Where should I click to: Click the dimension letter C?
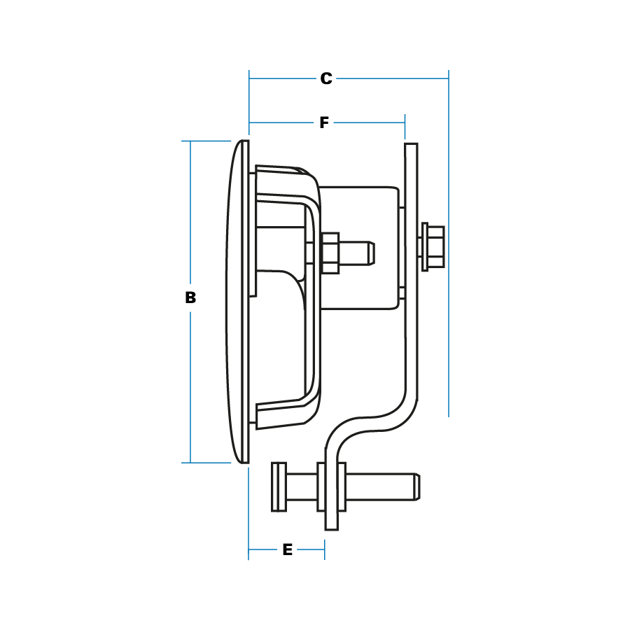[326, 78]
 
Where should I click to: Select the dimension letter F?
[324, 122]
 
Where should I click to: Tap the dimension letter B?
[190, 297]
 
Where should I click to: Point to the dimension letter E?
[287, 549]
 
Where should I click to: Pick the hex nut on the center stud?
[330, 253]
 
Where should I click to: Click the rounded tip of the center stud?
[372, 253]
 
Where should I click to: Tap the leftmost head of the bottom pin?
[279, 487]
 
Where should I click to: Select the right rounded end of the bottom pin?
[417, 487]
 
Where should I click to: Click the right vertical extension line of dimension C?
[449, 244]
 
